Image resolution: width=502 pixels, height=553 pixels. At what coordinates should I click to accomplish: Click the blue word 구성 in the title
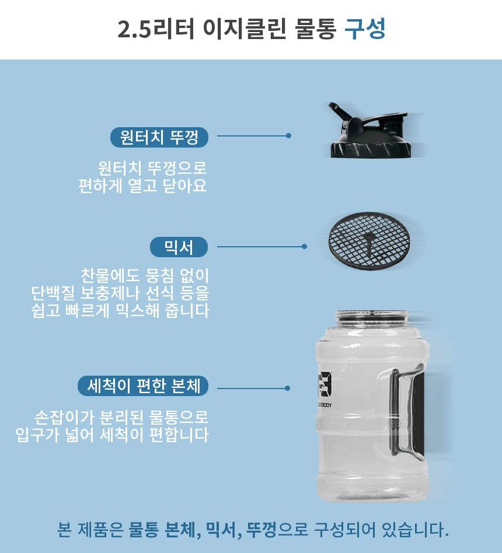[x=365, y=29]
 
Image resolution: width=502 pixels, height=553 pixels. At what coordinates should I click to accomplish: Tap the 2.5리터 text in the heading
[x=156, y=29]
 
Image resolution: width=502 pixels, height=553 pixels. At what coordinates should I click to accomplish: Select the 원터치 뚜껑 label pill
[x=159, y=137]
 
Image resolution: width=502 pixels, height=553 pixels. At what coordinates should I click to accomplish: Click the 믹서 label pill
[x=179, y=247]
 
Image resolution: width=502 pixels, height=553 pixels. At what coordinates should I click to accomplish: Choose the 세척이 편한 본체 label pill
[x=143, y=386]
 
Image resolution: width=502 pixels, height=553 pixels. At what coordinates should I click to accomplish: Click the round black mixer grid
[x=368, y=242]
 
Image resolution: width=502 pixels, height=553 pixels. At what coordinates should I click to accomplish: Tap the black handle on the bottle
[x=406, y=412]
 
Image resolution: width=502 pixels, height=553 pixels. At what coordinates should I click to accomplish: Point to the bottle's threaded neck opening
[x=372, y=316]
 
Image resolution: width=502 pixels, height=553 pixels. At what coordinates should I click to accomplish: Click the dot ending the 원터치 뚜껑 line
[x=289, y=136]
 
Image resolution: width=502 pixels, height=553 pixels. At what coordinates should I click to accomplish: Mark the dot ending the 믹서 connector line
[x=304, y=247]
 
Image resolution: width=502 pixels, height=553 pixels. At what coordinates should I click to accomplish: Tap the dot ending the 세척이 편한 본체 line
[x=287, y=388]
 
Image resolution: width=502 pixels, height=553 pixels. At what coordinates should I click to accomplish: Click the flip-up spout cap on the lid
[x=341, y=113]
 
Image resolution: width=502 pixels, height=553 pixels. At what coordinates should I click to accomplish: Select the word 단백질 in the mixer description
[x=53, y=293]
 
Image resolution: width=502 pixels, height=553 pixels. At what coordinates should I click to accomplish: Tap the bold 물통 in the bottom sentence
[x=144, y=530]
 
